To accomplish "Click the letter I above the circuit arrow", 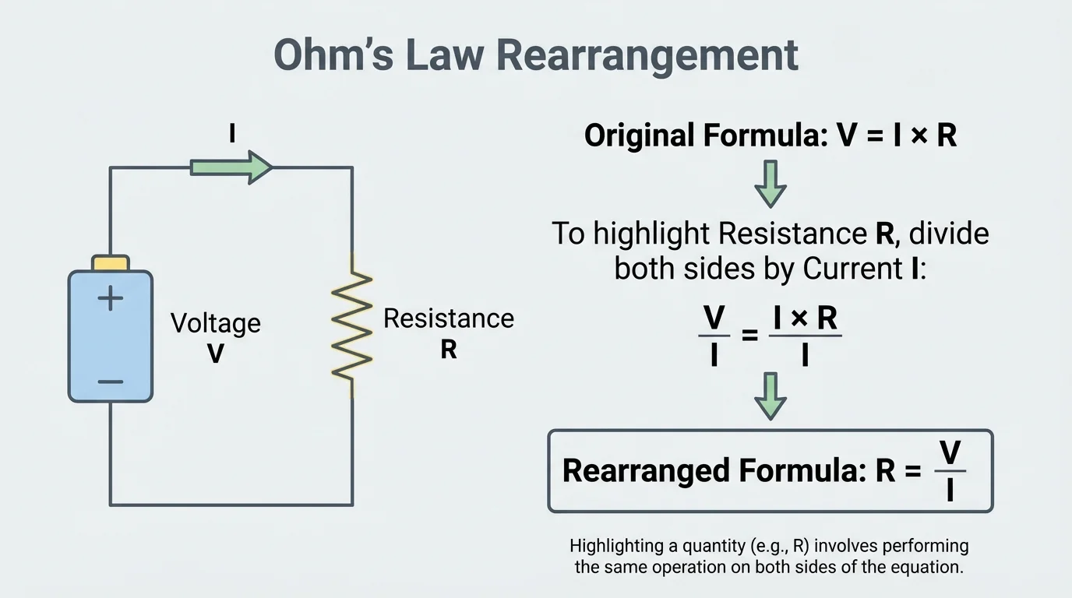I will [x=231, y=134].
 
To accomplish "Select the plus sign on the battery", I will [x=110, y=298].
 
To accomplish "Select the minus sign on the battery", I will [x=110, y=382].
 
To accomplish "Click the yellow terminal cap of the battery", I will [x=110, y=263].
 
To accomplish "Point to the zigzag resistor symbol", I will [x=351, y=325].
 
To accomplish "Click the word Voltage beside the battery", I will [x=216, y=323].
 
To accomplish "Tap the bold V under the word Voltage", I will [x=216, y=354].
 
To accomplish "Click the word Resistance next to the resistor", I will [x=449, y=318].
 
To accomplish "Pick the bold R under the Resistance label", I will [x=449, y=350].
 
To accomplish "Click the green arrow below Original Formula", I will [x=770, y=184].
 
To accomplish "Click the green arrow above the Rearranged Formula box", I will [x=770, y=396].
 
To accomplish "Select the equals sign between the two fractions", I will [x=749, y=336].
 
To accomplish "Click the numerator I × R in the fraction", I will [x=805, y=318].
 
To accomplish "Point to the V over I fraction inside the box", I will [x=949, y=470].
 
